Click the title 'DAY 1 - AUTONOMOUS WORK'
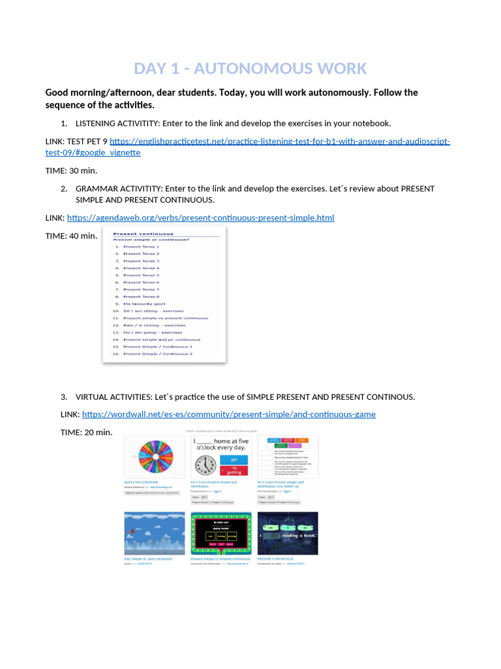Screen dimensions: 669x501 pyautogui.click(x=250, y=69)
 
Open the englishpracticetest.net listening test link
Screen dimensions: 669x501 pyautogui.click(x=280, y=142)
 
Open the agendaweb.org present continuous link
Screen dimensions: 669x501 pyautogui.click(x=200, y=218)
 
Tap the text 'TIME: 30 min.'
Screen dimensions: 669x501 pyautogui.click(x=71, y=170)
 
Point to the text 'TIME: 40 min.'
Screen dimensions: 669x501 pyautogui.click(x=71, y=236)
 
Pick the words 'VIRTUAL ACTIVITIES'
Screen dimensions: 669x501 pyautogui.click(x=112, y=397)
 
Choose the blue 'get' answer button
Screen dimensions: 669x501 pyautogui.click(x=235, y=460)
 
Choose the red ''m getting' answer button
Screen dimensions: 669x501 pyautogui.click(x=235, y=471)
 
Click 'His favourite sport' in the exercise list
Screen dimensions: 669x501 pyautogui.click(x=144, y=304)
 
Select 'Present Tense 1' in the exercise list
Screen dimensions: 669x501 pyautogui.click(x=141, y=247)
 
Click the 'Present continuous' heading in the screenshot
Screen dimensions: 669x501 pyautogui.click(x=144, y=233)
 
